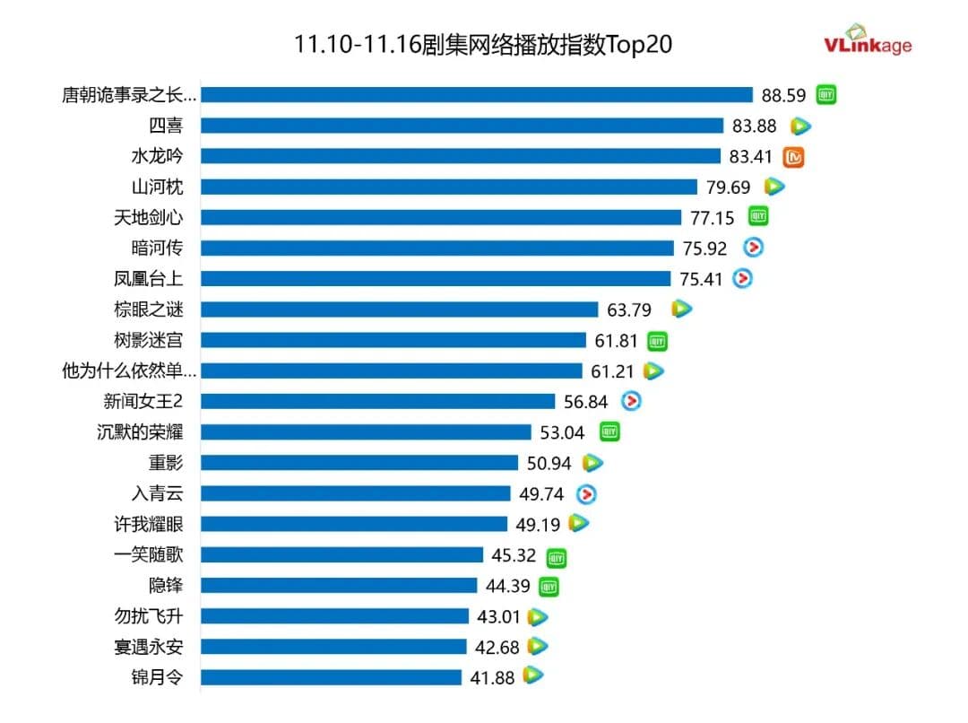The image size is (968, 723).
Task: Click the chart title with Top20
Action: (x=483, y=45)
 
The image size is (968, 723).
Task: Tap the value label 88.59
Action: (x=784, y=95)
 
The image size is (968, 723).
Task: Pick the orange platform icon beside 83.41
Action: (x=794, y=157)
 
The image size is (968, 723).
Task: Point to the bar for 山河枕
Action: (x=448, y=187)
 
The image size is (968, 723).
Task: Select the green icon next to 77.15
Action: (x=759, y=216)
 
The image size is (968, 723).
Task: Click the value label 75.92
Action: (x=704, y=248)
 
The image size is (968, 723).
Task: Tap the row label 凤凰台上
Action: (x=149, y=278)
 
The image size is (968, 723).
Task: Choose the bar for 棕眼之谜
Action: (x=399, y=309)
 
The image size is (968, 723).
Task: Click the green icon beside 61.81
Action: (x=658, y=341)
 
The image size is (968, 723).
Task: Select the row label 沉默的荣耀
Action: (x=140, y=431)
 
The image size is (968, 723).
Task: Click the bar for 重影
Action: (x=359, y=463)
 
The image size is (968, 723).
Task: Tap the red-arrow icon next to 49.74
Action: (x=586, y=493)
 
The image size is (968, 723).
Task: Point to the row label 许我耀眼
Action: (x=149, y=524)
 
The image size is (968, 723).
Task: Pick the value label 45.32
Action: (x=514, y=555)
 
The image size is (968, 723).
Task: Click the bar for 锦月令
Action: (x=331, y=677)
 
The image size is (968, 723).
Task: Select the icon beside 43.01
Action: (x=538, y=616)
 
